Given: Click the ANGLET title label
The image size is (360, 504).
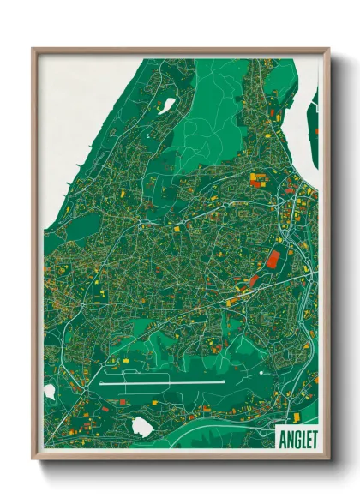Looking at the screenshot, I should tap(297, 437).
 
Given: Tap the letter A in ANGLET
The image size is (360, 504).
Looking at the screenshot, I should tap(284, 437).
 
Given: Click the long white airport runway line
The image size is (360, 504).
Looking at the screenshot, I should tap(163, 383).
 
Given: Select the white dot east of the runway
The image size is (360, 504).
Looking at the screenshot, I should tap(260, 374).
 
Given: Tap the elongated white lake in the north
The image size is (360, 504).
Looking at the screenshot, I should tap(168, 105).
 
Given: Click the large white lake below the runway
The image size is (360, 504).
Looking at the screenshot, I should tap(142, 425).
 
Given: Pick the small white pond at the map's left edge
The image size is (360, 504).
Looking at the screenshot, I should tap(49, 391).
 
